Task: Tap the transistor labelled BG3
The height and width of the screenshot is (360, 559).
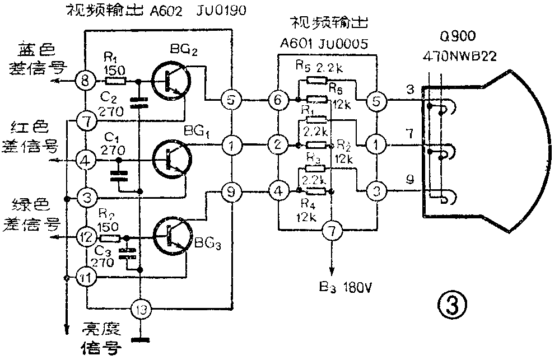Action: tap(171, 234)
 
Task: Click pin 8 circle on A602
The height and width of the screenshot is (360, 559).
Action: tap(86, 81)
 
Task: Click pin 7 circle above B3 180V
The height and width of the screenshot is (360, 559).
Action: tap(332, 230)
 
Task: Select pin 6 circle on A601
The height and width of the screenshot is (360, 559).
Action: tap(278, 99)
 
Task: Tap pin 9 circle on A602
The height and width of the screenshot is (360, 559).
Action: tap(231, 192)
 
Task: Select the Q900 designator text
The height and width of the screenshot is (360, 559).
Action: tap(458, 37)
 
